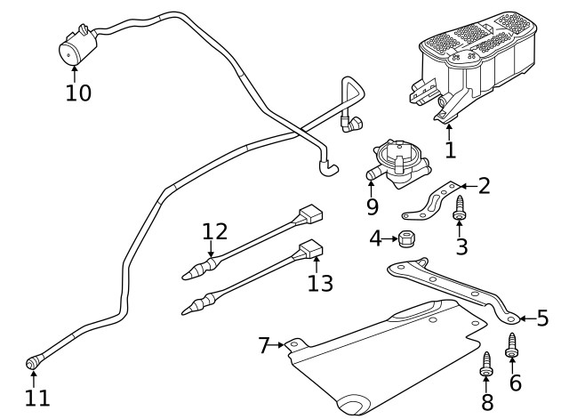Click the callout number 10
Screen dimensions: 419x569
[x=78, y=93]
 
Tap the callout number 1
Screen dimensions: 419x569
[x=450, y=150]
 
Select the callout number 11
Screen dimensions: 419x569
[x=38, y=398]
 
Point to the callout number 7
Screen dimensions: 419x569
[x=263, y=345]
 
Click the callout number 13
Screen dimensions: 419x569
[x=320, y=283]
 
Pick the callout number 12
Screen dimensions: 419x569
[x=214, y=232]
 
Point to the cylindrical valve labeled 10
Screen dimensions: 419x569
[x=74, y=46]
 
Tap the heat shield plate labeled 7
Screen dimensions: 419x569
[x=382, y=351]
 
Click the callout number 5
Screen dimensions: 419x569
[x=542, y=318]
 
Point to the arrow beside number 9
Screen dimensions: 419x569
[x=371, y=186]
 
